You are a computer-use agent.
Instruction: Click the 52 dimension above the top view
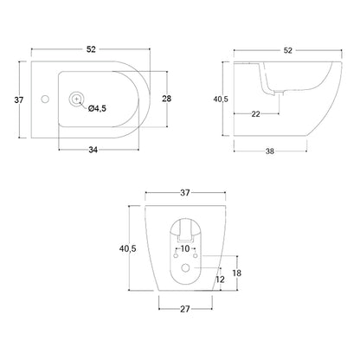91,49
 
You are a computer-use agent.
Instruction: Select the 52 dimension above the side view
288,50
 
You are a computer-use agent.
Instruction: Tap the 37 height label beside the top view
19,100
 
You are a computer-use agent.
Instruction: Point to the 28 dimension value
167,99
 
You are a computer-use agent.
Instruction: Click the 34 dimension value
93,150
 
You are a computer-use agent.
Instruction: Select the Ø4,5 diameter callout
98,108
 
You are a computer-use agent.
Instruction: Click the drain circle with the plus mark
76,99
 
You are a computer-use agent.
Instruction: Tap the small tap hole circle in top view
45,100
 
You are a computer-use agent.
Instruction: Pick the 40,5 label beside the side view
221,99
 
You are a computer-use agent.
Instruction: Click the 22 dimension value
255,114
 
